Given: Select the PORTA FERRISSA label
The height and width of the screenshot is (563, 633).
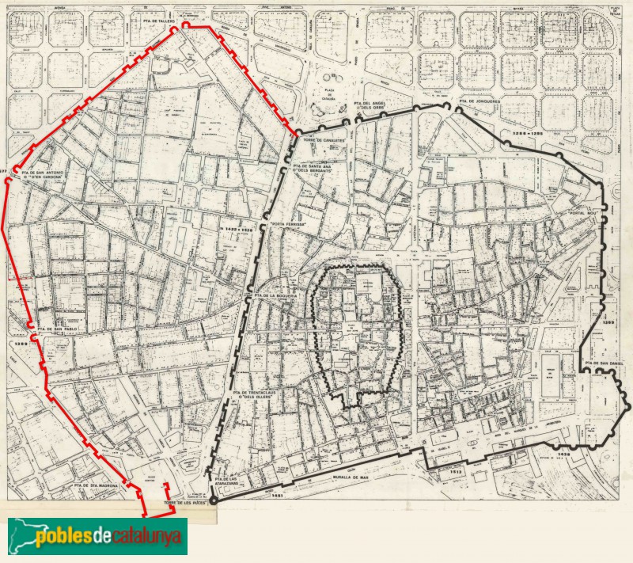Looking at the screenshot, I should tap(288, 224).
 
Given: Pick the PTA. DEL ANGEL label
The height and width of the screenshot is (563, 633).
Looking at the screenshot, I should tap(373, 104).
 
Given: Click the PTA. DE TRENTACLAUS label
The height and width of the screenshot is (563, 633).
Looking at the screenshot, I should tap(260, 392).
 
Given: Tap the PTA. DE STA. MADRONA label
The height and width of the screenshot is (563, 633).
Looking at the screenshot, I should tap(97, 485).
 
